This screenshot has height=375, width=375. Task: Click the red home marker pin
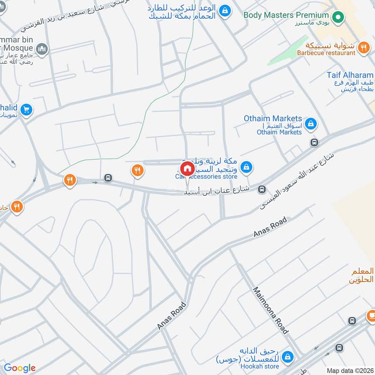(x=187, y=169)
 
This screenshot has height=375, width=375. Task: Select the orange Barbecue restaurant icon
(x=363, y=47)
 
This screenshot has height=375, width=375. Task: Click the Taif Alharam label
(x=350, y=75)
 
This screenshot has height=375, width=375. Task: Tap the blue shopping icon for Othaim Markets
(x=310, y=124)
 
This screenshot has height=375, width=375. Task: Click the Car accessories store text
(x=206, y=176)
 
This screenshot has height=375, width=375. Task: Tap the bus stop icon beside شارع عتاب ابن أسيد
(x=262, y=189)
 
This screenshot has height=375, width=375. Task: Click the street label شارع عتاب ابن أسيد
(x=218, y=191)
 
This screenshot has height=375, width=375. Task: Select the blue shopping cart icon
(x=26, y=110)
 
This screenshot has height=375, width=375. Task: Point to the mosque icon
(x=43, y=48)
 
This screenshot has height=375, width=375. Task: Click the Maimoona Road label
(x=270, y=310)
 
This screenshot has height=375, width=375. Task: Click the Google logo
(x=19, y=368)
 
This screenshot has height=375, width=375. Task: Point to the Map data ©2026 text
(x=349, y=370)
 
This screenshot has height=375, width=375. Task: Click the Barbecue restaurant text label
(x=326, y=53)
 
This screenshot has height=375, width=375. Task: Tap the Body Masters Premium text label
(x=286, y=15)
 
